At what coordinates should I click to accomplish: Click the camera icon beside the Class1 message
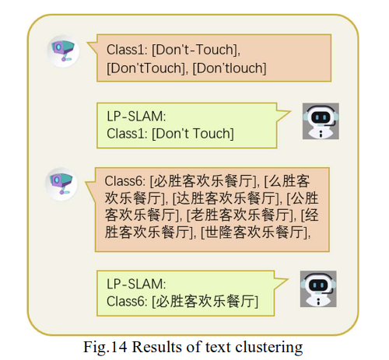(x=63, y=51)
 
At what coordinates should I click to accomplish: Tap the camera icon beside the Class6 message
(x=61, y=184)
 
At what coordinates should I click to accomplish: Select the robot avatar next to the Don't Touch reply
(x=321, y=121)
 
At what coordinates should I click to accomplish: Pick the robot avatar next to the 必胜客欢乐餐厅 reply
(x=318, y=289)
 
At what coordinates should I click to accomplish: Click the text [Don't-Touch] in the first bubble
(x=196, y=50)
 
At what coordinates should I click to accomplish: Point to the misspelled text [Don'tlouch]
(x=230, y=68)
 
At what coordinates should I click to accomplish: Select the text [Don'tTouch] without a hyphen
(x=147, y=68)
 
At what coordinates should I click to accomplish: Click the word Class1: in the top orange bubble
(x=127, y=50)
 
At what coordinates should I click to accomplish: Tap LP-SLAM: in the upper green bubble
(x=136, y=116)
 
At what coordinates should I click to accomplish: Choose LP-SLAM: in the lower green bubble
(x=136, y=284)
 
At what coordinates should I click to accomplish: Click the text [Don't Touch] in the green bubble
(x=193, y=134)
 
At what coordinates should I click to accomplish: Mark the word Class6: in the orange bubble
(x=125, y=181)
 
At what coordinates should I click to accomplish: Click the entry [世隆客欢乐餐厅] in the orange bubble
(x=255, y=232)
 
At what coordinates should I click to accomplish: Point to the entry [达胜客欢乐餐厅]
(x=227, y=198)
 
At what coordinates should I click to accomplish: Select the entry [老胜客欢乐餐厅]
(x=241, y=215)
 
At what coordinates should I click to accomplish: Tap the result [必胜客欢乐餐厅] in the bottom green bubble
(x=205, y=301)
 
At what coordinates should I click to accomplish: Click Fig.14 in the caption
(x=105, y=348)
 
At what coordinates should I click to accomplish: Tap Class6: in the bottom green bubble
(x=127, y=301)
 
